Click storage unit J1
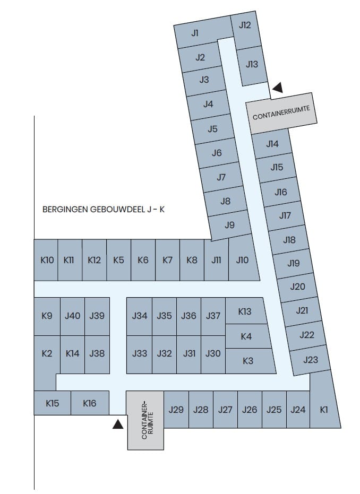(x=195, y=33)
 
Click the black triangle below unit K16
(x=117, y=423)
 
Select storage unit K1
(x=324, y=409)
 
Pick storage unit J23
(x=310, y=360)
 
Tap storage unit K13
(x=245, y=311)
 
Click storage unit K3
(x=248, y=361)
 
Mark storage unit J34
(x=140, y=316)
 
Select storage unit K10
(x=47, y=260)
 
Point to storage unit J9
(x=229, y=225)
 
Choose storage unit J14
(x=272, y=144)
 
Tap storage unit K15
(x=52, y=403)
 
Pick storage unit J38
(x=97, y=353)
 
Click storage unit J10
(x=242, y=260)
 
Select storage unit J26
(x=250, y=409)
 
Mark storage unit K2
(x=47, y=353)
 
